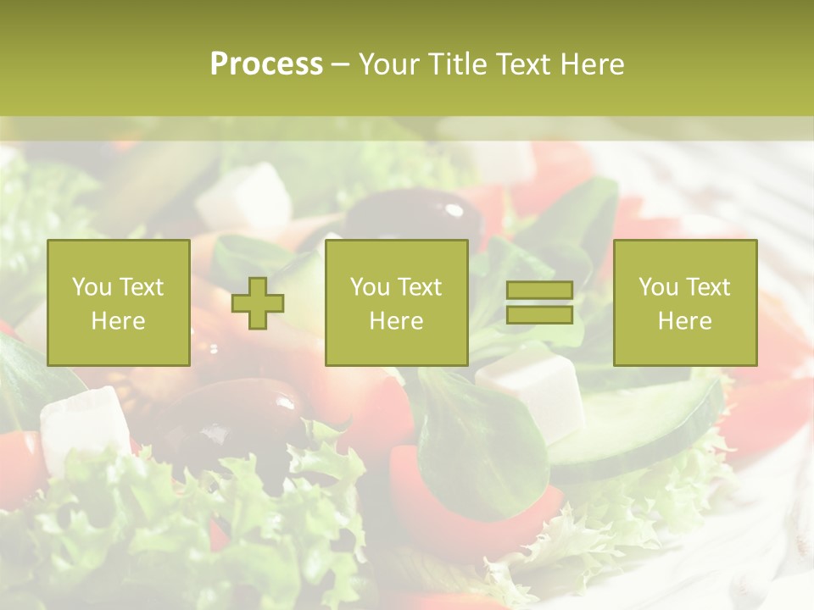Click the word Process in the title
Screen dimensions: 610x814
pyautogui.click(x=266, y=64)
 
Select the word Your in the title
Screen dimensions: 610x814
pyautogui.click(x=385, y=64)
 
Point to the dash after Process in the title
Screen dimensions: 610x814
pyautogui.click(x=341, y=64)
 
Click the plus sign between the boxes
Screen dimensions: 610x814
pyautogui.click(x=258, y=302)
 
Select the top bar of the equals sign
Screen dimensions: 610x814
pyautogui.click(x=539, y=291)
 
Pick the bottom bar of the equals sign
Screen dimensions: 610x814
pyautogui.click(x=539, y=315)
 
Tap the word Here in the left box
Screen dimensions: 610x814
pyautogui.click(x=118, y=320)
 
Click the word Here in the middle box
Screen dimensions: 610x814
pyautogui.click(x=396, y=320)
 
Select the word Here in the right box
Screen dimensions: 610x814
pyautogui.click(x=684, y=320)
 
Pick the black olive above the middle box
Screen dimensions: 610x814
pyautogui.click(x=415, y=217)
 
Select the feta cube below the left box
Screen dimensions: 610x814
pyautogui.click(x=85, y=424)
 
